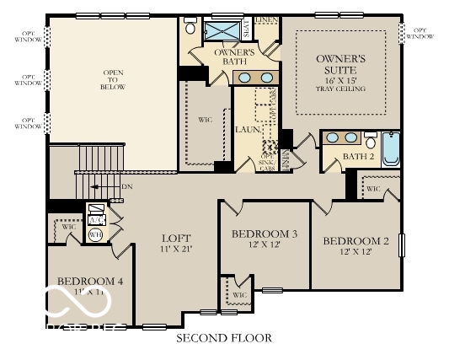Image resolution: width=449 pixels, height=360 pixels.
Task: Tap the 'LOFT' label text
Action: pos(176,239)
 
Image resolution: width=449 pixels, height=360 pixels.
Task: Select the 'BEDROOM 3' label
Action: pos(265,234)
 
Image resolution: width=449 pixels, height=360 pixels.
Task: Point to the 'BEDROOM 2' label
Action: pos(356,241)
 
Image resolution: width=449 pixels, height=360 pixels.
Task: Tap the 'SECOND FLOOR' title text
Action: pos(223,338)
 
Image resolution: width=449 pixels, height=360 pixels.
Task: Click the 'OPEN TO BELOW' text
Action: pos(114,79)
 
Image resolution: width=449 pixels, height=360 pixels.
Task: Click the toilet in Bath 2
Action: pos(371,141)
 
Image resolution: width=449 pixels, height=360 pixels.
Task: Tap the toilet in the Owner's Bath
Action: pos(190,28)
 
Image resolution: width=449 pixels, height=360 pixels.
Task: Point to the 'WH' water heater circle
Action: pos(95,235)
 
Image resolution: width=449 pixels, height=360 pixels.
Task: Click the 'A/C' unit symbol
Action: pos(95,212)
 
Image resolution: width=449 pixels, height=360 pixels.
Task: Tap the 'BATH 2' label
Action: pos(359,156)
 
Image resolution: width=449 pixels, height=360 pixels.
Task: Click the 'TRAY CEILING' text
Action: pos(341,89)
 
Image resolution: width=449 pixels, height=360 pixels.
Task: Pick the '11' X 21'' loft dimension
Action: pos(176,250)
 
